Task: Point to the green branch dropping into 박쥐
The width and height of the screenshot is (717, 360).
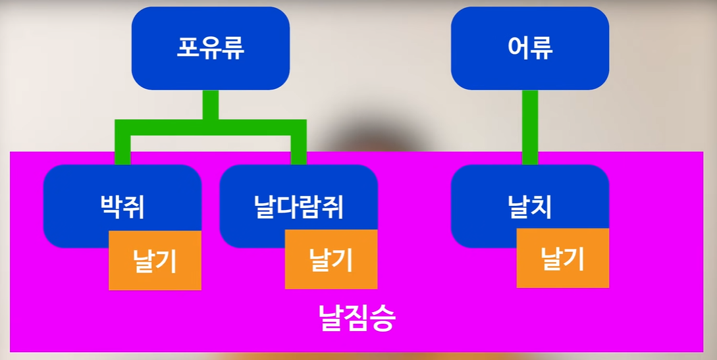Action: [122, 149]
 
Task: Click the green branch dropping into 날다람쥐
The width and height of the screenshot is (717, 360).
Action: [298, 149]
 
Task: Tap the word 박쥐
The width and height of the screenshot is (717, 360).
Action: [122, 207]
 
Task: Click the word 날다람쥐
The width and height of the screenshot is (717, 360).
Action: [298, 207]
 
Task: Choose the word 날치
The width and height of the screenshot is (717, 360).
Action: [530, 207]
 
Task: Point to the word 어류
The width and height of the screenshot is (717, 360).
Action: [530, 48]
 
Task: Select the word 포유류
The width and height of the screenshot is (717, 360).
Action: [210, 48]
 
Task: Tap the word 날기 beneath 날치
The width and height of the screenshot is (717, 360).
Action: [562, 259]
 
